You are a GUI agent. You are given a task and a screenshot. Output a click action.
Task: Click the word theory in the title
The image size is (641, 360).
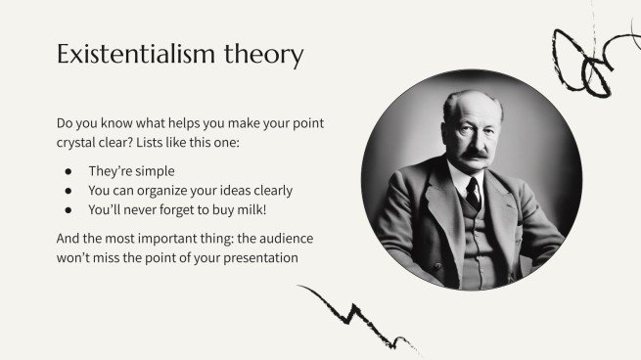click(267, 55)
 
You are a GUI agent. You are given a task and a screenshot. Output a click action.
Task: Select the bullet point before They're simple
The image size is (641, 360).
click(69, 171)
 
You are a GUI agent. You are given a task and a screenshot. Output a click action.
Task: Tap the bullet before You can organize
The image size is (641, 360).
click(69, 190)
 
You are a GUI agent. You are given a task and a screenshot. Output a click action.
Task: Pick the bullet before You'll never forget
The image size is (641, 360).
click(69, 208)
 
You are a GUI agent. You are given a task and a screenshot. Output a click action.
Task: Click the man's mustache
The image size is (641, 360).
click(474, 153)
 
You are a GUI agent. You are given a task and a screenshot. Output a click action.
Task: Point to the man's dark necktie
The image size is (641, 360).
click(474, 192)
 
